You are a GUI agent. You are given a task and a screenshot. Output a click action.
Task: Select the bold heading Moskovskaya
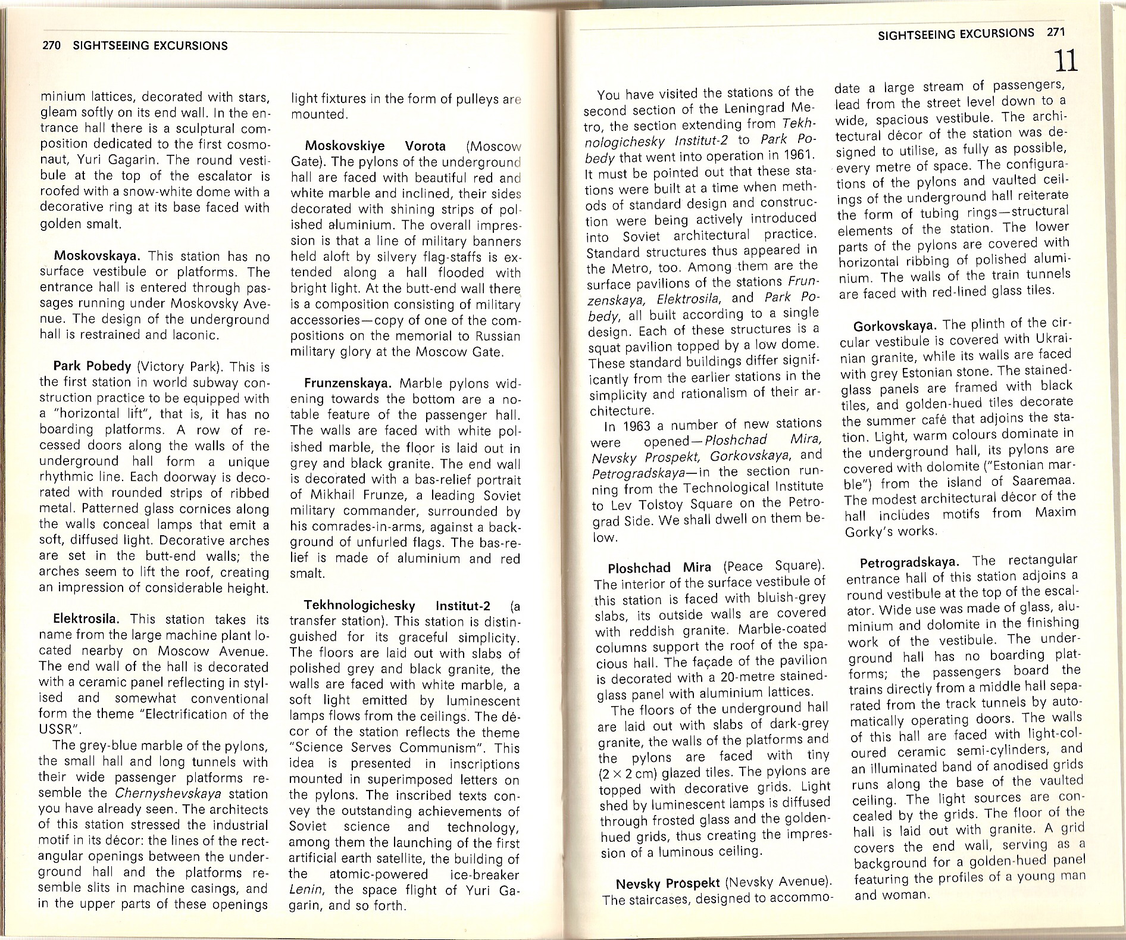(97, 257)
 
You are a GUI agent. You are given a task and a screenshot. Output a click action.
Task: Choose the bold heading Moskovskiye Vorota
(375, 146)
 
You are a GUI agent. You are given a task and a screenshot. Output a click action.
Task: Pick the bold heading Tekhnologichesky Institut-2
(397, 606)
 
